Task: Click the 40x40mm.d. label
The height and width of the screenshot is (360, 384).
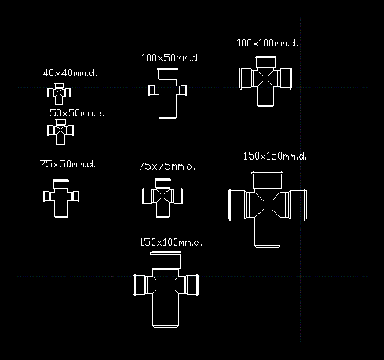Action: tap(70, 73)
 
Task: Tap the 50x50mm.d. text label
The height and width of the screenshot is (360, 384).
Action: tap(77, 113)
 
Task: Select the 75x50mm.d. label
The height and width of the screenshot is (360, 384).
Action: tap(68, 164)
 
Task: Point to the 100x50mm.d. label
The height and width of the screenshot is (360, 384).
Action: tap(170, 58)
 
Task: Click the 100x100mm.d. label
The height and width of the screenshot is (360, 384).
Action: tap(267, 43)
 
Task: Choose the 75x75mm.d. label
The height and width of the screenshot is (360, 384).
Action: tap(166, 166)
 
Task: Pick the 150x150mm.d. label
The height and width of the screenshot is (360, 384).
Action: tap(275, 156)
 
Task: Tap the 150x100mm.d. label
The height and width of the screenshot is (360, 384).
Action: tap(171, 242)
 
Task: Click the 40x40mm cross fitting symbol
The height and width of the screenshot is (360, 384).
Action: tap(59, 94)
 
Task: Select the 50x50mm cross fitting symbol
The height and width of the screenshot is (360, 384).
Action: tap(60, 131)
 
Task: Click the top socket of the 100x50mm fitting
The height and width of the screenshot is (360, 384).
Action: tap(167, 74)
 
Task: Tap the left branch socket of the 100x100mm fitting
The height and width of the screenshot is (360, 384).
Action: tap(246, 79)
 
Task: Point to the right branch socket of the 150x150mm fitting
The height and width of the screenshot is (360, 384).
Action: tap(298, 204)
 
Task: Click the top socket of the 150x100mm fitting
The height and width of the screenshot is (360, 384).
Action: tap(166, 259)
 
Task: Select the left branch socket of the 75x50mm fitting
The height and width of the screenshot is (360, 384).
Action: tap(47, 197)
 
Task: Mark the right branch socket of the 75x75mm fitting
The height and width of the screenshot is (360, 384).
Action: tap(177, 196)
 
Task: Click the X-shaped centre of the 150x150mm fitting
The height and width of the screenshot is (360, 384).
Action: tap(267, 204)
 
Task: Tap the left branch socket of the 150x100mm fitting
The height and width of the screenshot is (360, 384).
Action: tap(140, 285)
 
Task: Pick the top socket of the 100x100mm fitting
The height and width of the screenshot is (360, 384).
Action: tap(265, 62)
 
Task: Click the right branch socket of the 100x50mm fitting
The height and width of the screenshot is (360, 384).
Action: tap(183, 90)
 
